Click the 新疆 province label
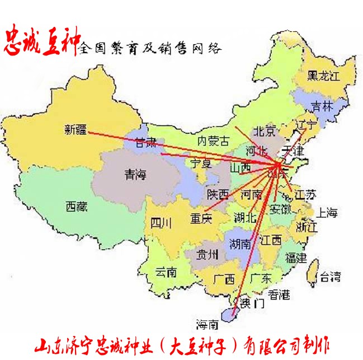pos(76,130)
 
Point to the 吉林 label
pos(322,105)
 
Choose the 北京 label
pos(265,132)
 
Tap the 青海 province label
pos(135,175)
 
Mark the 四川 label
pos(162,222)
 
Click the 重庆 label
pos(201,217)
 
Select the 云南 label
pos(166,273)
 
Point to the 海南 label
pos(207,324)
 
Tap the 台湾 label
pos(329,275)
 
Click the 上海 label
pos(327,212)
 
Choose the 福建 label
pos(296,258)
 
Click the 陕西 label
pos(218,194)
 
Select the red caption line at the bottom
pos(182,343)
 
